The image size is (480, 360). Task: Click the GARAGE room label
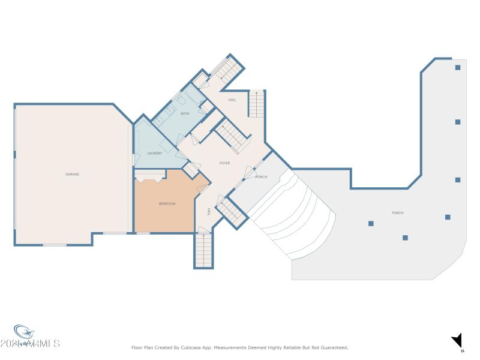[x=72, y=174]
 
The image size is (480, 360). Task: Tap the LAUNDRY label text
[x=155, y=154]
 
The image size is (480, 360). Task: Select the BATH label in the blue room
[x=185, y=113]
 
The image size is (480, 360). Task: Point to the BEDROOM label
[x=167, y=204]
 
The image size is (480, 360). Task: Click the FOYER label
[x=224, y=163]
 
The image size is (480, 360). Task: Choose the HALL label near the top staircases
[x=232, y=100]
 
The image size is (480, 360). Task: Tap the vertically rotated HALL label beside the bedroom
[x=209, y=211]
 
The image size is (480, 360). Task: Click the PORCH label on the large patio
[x=397, y=213]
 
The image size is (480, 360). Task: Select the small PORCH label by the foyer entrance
[x=261, y=177]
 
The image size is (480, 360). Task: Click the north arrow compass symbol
[x=458, y=340]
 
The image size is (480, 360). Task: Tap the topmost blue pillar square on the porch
[x=457, y=67]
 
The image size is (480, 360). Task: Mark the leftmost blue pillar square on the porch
[x=371, y=224]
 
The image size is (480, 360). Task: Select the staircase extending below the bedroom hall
[x=203, y=250]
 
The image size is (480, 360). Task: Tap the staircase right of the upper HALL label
[x=256, y=104]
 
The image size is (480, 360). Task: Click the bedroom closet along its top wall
[x=149, y=176]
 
